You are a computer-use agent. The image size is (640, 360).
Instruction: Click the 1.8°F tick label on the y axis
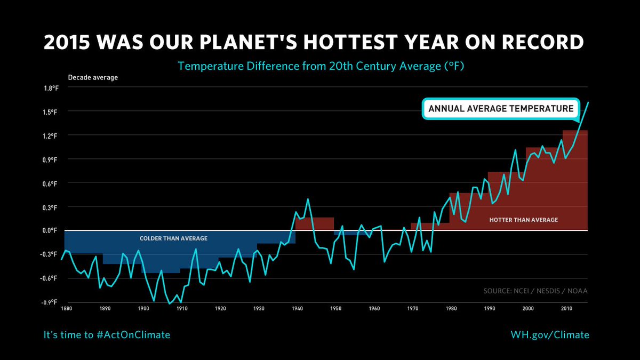50,88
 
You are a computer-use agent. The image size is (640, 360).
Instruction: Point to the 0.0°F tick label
50,230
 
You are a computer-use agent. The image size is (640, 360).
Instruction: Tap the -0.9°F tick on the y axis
50,302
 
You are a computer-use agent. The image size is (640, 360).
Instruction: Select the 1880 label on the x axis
66,308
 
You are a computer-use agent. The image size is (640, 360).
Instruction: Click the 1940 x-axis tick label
297,308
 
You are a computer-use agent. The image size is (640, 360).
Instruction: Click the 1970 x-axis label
412,308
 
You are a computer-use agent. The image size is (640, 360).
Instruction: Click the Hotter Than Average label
523,219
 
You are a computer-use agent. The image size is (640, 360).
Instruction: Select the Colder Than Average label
173,238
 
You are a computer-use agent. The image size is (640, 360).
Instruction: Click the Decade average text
93,77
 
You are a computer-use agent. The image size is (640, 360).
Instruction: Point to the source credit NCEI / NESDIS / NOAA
535,291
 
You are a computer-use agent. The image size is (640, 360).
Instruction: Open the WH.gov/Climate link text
550,334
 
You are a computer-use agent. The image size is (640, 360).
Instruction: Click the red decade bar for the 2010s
575,181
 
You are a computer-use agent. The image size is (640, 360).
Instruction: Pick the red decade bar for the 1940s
315,224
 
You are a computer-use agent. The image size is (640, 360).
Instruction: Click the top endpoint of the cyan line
588,102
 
